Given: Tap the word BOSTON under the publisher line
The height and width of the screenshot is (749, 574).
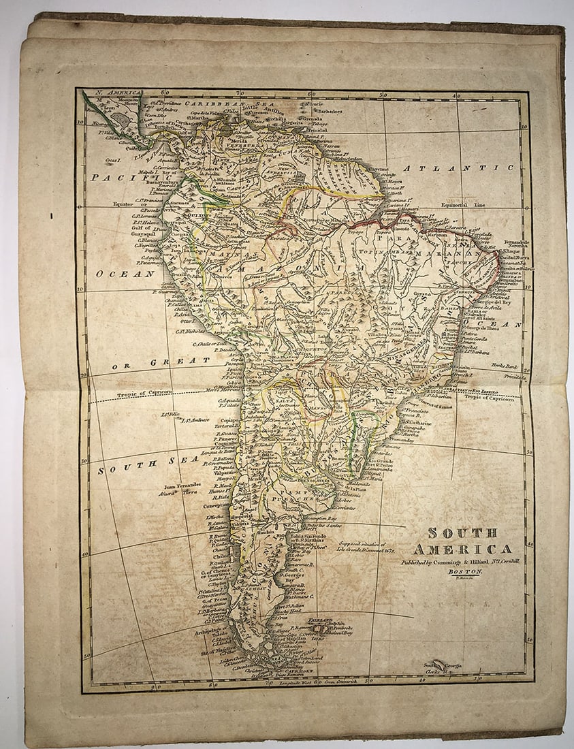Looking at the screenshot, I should [x=465, y=571].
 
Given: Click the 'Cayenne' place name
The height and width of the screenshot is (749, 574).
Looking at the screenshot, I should [x=379, y=170].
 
